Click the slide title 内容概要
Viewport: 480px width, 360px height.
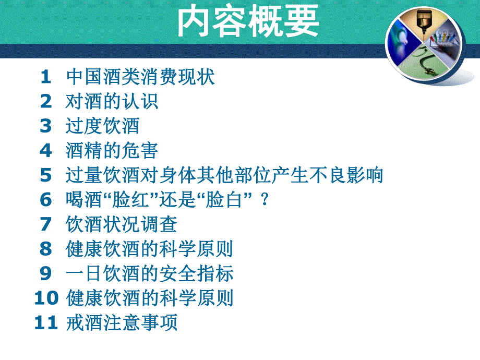pyautogui.click(x=248, y=23)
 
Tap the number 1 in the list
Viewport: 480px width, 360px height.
pyautogui.click(x=46, y=77)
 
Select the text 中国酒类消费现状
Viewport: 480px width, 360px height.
pyautogui.click(x=140, y=77)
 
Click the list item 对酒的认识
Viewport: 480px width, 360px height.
pyautogui.click(x=112, y=102)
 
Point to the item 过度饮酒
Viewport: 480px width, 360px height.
pyautogui.click(x=102, y=126)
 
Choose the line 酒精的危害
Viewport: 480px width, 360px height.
pyautogui.click(x=112, y=151)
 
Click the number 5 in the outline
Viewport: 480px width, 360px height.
pyautogui.click(x=46, y=175)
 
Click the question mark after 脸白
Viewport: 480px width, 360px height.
pyautogui.click(x=266, y=200)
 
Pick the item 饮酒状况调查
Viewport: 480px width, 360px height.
pyautogui.click(x=122, y=224)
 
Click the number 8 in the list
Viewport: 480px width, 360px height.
pyautogui.click(x=46, y=249)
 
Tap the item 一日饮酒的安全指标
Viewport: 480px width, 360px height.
pyautogui.click(x=150, y=273)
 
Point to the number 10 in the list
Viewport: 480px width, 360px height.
pyautogui.click(x=46, y=298)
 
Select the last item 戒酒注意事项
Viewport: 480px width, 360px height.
pyautogui.click(x=122, y=322)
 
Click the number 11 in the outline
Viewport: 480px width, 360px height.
pyautogui.click(x=46, y=322)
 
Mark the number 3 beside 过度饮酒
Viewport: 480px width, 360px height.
pyautogui.click(x=46, y=126)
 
